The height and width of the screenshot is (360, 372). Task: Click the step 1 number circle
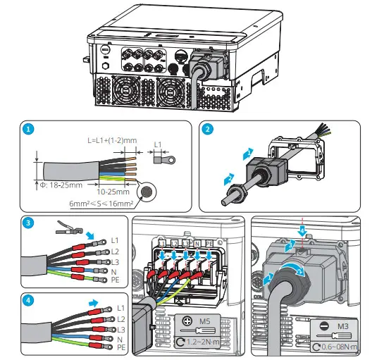(x=28, y=130)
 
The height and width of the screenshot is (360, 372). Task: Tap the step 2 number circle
(x=208, y=130)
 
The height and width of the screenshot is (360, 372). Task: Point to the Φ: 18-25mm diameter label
(x=60, y=186)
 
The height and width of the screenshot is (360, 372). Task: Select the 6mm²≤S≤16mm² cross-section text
(x=103, y=203)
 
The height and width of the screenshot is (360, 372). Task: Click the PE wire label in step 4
(x=120, y=348)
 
